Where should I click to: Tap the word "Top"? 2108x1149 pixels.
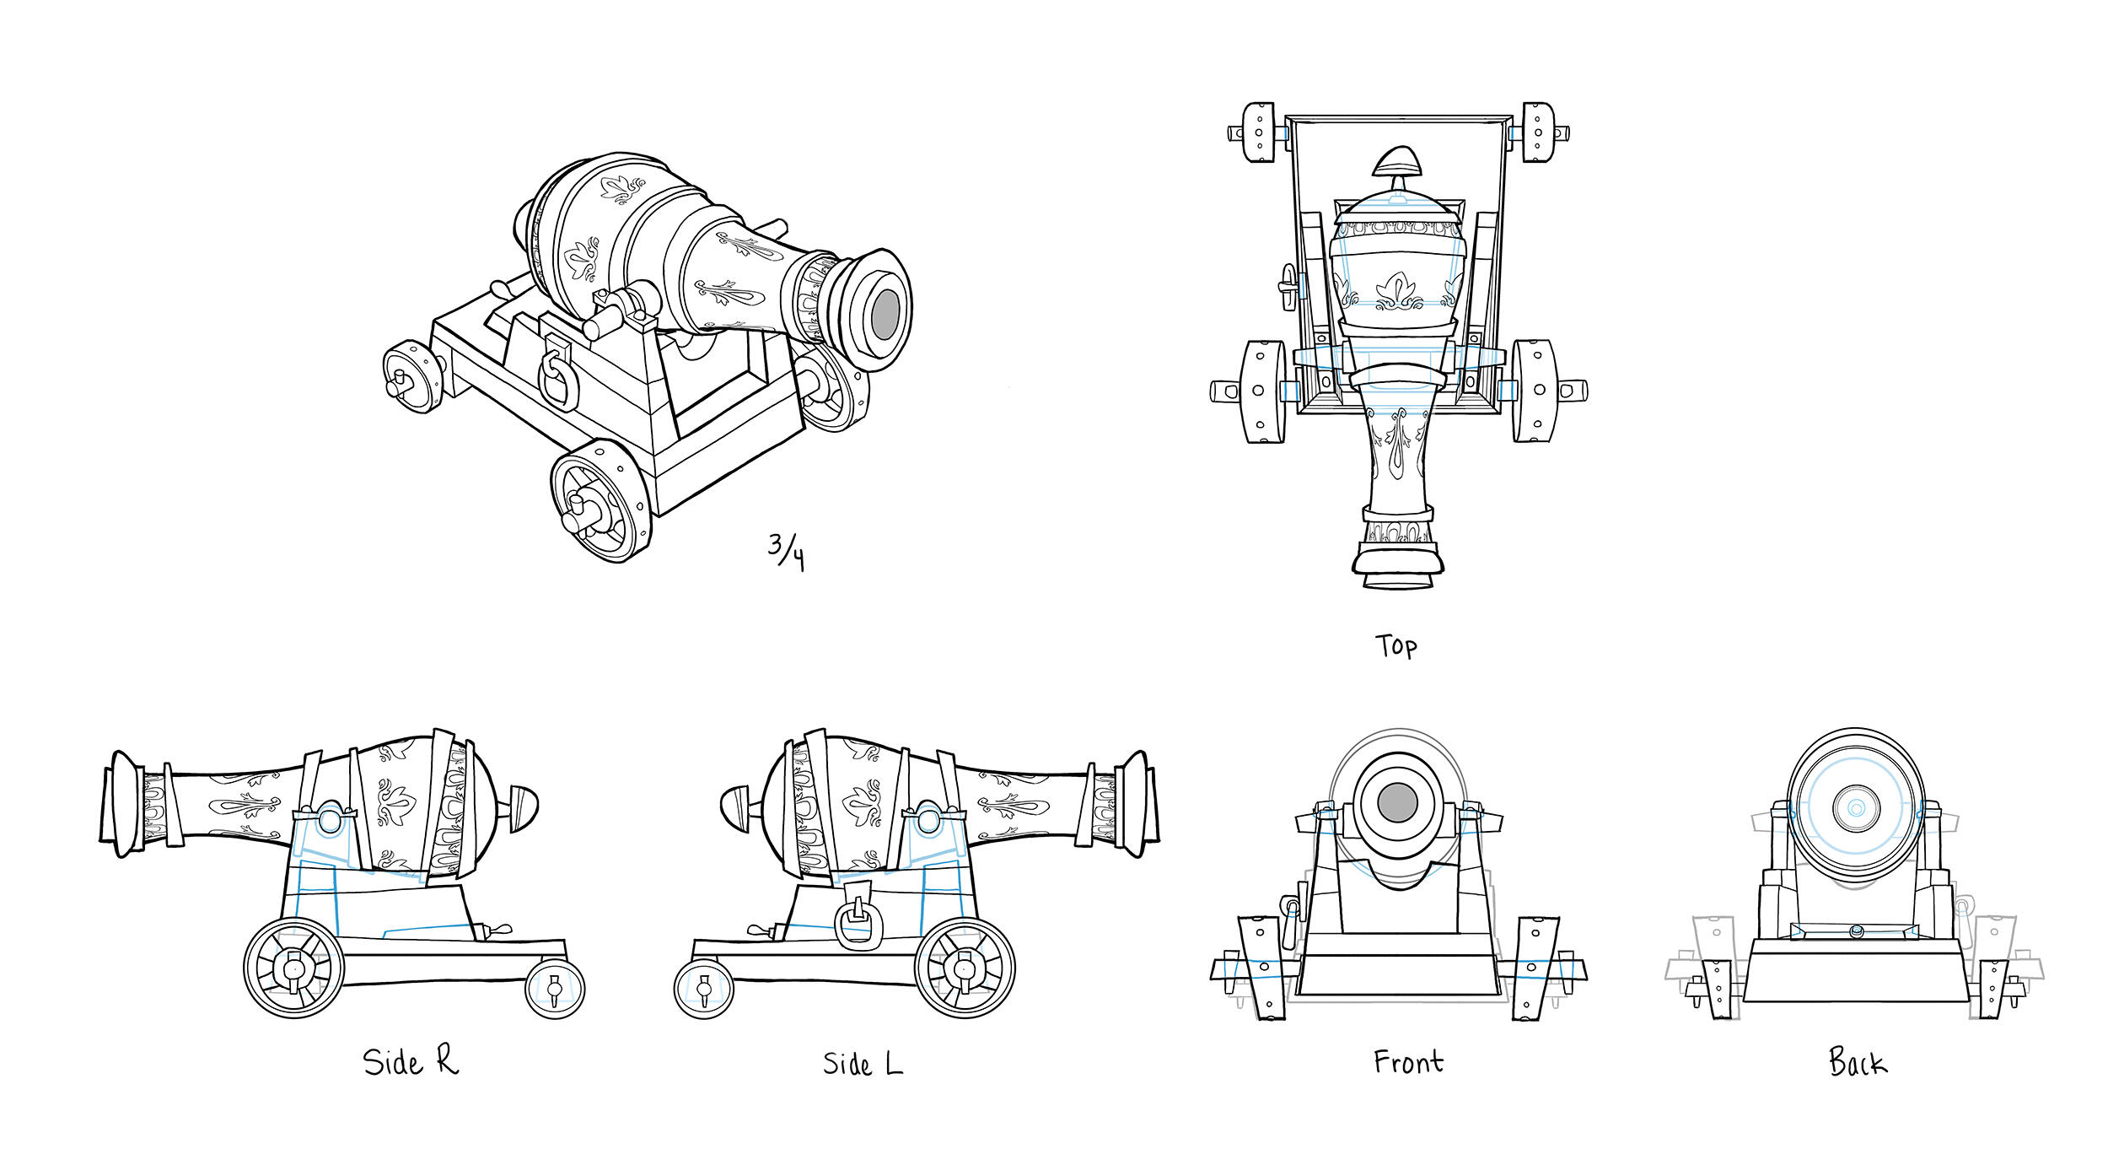click(1396, 646)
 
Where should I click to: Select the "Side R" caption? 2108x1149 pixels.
click(411, 1061)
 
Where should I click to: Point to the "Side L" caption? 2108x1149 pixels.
click(862, 1063)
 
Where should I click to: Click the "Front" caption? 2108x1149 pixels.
click(1407, 1061)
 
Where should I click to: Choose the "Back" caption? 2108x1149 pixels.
click(1858, 1061)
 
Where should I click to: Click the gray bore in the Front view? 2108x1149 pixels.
click(1396, 801)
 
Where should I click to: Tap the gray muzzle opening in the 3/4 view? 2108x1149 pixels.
click(885, 314)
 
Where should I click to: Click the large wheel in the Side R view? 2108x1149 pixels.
click(293, 968)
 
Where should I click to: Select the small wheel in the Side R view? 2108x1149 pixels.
click(555, 987)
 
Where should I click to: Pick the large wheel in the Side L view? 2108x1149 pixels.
click(965, 968)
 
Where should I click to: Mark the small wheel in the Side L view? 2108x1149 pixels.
click(704, 989)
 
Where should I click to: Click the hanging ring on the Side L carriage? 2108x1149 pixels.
click(857, 924)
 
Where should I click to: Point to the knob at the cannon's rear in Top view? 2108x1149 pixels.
click(1397, 162)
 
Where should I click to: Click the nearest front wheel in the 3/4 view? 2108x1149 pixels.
click(600, 502)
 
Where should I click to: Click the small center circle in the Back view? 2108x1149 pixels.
click(1855, 807)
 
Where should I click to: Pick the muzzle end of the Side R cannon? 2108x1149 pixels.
click(122, 803)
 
